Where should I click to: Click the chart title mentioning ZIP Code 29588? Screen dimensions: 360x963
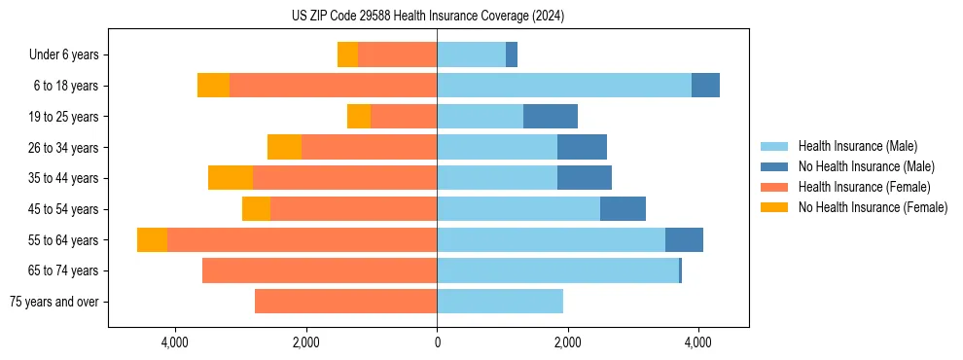tap(428, 16)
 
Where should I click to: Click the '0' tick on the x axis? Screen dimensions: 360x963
tap(437, 342)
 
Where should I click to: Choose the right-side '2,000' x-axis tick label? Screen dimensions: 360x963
tap(567, 342)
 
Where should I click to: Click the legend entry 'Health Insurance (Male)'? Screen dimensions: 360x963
tap(857, 146)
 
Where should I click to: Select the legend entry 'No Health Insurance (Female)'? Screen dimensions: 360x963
tap(873, 207)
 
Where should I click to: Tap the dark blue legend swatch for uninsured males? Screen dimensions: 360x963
tap(774, 166)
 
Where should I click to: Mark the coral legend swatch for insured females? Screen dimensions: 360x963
tap(774, 187)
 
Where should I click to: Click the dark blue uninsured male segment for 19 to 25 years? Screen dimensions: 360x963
tap(551, 117)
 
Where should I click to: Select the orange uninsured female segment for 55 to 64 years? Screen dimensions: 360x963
tap(152, 240)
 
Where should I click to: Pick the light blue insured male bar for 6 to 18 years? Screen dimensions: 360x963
tap(564, 86)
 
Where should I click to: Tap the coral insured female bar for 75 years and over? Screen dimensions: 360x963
tap(345, 302)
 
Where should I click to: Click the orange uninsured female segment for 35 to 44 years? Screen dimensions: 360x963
tap(231, 178)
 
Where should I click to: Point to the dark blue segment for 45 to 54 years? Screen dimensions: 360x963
tap(623, 209)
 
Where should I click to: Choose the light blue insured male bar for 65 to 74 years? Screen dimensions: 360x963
tap(557, 270)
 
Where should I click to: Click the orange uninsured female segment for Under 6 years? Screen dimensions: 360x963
tap(347, 55)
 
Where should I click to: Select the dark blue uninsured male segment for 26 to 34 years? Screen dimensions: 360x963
tap(582, 148)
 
